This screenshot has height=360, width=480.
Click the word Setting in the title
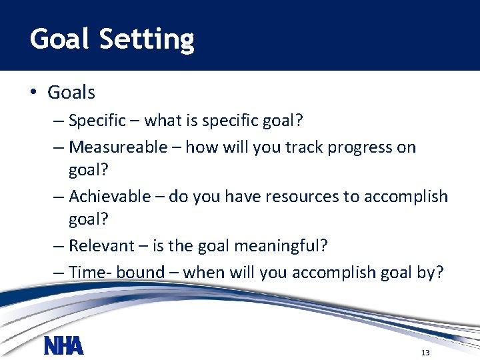click(147, 40)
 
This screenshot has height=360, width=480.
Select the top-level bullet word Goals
click(71, 93)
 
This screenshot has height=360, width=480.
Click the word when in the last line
click(204, 272)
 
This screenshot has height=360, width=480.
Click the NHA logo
click(63, 345)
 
